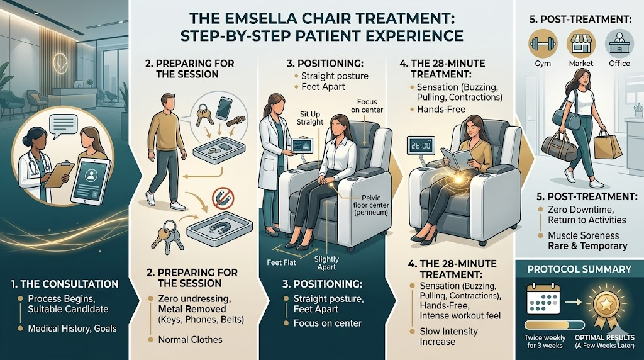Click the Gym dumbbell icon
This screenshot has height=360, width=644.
(540, 45)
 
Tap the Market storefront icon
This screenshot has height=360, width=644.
(579, 45)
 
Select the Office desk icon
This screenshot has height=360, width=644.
(618, 45)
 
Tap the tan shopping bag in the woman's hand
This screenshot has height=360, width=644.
(608, 147)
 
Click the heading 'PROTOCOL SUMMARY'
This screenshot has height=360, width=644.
(579, 269)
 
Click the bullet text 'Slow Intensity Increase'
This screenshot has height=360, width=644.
(449, 336)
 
